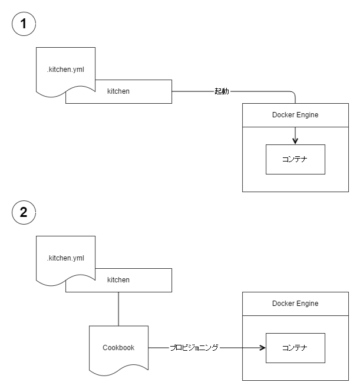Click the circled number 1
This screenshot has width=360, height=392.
coord(24,24)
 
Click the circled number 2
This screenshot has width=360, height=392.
coord(24,212)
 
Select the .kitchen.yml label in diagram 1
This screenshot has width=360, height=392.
coord(65,70)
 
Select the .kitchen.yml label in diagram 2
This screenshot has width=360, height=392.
coord(65,258)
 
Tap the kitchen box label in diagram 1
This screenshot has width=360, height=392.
coord(118,91)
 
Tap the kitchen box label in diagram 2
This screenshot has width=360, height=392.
coord(118,280)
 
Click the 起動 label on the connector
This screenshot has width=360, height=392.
coord(222,91)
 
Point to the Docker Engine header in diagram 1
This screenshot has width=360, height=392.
coord(295,115)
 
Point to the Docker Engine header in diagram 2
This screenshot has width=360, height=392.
coord(295,304)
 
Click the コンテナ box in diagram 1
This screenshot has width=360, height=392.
coord(295,159)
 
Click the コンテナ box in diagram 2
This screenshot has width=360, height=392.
coord(295,348)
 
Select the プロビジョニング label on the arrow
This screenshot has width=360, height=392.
coord(194,348)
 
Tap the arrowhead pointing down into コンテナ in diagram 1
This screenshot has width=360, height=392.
coord(295,141)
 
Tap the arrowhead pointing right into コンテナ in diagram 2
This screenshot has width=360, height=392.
coord(263,348)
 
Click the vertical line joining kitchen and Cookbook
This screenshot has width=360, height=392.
coord(118,309)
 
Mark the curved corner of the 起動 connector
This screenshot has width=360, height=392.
coord(293,93)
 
